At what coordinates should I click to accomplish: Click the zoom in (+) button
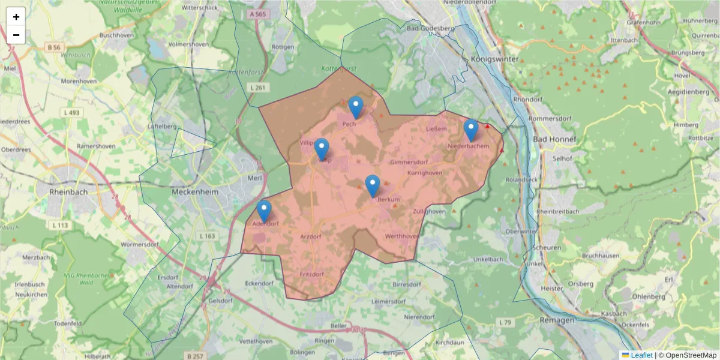[x=16, y=17]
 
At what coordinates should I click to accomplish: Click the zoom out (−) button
[x=16, y=35]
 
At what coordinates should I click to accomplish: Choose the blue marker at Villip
[x=322, y=149]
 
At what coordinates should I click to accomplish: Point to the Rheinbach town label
[x=70, y=192]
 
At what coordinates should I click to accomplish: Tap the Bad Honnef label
[x=554, y=139]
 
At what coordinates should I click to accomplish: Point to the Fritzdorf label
[x=311, y=274]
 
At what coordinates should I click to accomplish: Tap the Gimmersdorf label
[x=407, y=163]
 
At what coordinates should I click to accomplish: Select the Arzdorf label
[x=310, y=237]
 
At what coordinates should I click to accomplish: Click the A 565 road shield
[x=256, y=14]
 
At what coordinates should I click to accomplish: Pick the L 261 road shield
[x=256, y=88]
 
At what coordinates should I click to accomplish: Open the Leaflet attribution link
[x=641, y=355]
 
